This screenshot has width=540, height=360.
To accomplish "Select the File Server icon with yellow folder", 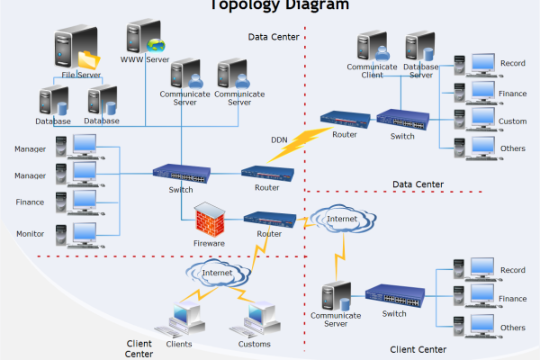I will [x=76, y=49].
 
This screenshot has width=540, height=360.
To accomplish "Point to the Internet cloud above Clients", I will [x=217, y=272].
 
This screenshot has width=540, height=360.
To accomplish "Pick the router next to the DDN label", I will [x=265, y=173].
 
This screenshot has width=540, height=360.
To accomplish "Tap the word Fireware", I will [x=209, y=243].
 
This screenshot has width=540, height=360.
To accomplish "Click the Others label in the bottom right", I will [x=512, y=328].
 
